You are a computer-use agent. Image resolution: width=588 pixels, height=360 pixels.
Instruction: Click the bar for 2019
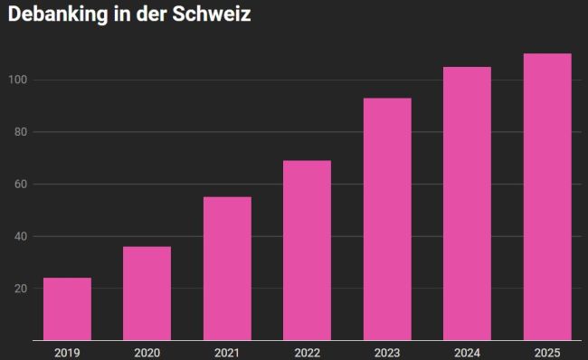(x=67, y=309)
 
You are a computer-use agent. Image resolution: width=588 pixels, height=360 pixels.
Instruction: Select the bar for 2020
(x=147, y=293)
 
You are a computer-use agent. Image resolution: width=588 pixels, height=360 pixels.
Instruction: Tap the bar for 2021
(x=227, y=269)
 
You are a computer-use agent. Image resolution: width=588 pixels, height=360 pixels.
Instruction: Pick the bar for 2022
(x=308, y=251)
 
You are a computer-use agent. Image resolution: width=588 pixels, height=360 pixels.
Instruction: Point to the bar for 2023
(x=387, y=219)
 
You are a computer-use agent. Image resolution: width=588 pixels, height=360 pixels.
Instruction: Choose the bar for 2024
(x=468, y=204)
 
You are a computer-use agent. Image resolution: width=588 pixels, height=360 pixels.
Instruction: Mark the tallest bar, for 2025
(x=547, y=197)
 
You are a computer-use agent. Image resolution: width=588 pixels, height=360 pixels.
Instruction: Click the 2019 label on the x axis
(x=67, y=353)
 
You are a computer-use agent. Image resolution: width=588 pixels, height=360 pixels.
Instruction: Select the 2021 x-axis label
(x=227, y=353)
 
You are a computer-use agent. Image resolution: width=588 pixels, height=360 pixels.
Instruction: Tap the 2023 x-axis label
(x=387, y=353)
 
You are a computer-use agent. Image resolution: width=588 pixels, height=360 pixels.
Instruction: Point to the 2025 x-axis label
(x=547, y=353)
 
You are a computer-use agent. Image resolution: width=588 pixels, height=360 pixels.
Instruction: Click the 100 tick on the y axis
(x=18, y=80)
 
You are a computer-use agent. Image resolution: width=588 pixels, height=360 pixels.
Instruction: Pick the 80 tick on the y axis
(x=21, y=132)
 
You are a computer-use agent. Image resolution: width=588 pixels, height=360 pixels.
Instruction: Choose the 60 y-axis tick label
(x=21, y=184)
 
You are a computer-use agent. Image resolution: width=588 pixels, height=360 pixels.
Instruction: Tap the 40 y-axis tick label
(x=21, y=236)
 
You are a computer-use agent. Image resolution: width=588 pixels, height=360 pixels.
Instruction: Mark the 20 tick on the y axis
(x=21, y=289)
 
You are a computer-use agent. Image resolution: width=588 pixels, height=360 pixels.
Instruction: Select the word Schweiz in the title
(x=212, y=14)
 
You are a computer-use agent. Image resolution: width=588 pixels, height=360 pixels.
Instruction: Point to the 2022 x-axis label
(x=308, y=353)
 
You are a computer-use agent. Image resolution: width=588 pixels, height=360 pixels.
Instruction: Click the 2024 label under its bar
(x=468, y=353)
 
